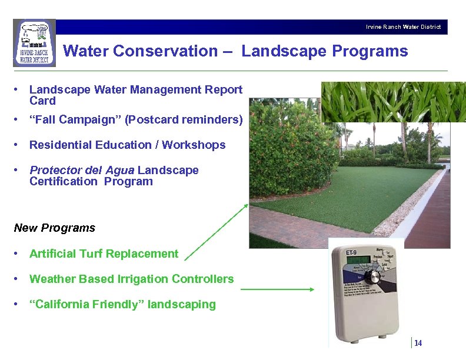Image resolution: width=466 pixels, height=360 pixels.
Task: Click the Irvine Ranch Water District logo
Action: pos(34,44)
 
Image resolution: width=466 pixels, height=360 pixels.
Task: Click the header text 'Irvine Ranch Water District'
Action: pos(403,27)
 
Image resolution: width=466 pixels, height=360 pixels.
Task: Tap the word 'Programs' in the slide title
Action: pos(370,51)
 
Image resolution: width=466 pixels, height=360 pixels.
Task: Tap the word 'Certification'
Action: pos(64,181)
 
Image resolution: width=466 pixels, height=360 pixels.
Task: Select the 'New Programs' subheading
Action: pos(54,228)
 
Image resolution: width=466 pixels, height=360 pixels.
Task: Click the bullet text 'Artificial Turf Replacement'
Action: pos(104,254)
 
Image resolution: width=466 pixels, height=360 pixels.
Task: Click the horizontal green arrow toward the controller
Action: pos(278,289)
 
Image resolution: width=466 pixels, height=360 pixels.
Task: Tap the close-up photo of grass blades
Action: pos(392,101)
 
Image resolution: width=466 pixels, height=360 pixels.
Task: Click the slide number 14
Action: pos(418,344)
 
